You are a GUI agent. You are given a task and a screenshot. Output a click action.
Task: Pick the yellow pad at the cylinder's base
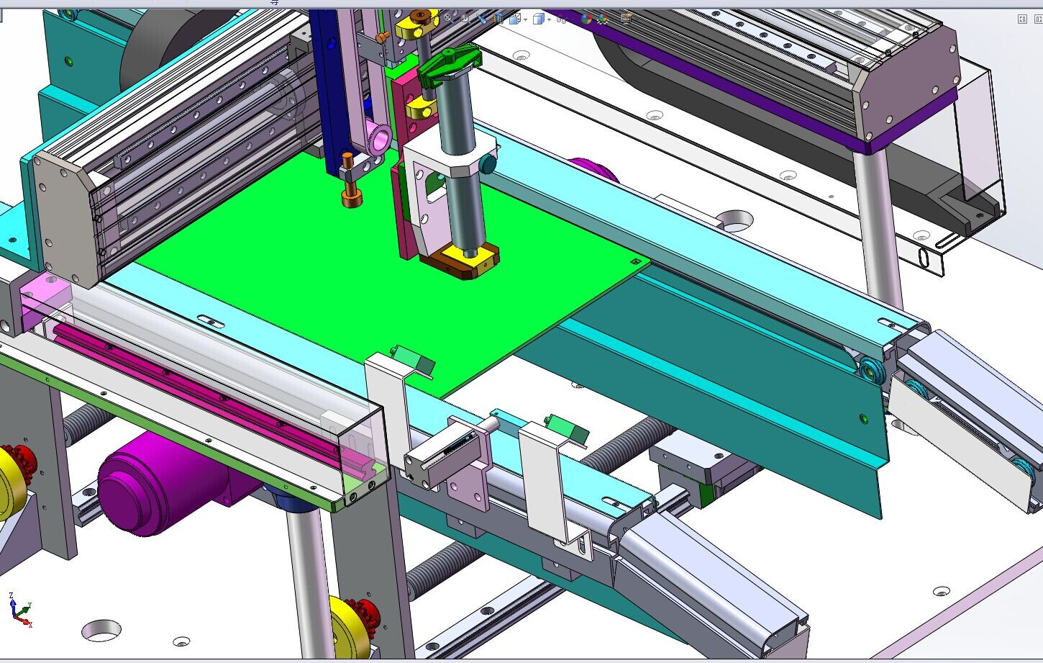click(x=468, y=257)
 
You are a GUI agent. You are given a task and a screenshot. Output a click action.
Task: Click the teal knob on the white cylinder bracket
click(x=488, y=165)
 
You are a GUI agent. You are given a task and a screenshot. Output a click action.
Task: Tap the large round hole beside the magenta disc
click(x=734, y=220)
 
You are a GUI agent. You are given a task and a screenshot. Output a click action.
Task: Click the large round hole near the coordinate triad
click(x=101, y=631)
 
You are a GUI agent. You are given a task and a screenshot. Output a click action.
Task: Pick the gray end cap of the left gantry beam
click(x=65, y=220)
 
